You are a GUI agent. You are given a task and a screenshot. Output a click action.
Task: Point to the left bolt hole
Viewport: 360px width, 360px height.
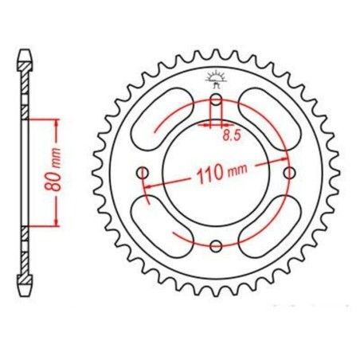click(x=143, y=173)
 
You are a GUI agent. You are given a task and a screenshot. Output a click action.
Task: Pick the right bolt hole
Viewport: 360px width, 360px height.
click(x=290, y=173)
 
